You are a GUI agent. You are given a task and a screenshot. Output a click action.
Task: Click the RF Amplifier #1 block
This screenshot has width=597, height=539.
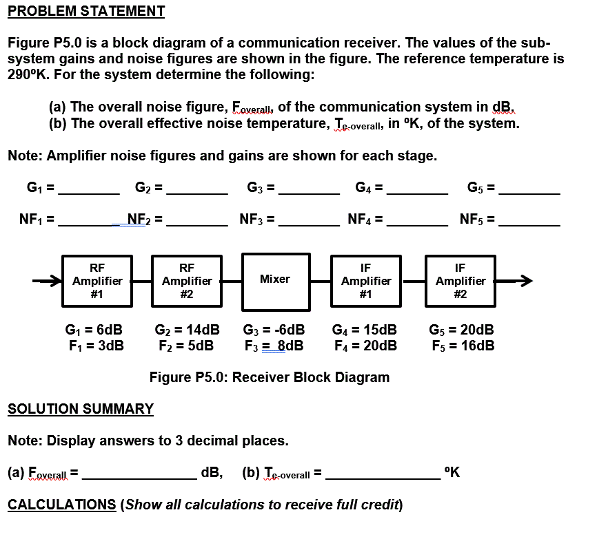(97, 281)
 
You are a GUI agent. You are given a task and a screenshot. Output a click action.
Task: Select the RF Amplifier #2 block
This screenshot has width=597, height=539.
(186, 281)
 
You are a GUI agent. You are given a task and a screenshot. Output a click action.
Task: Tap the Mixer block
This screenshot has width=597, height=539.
(275, 279)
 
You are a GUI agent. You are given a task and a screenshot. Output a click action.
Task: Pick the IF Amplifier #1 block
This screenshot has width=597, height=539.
(365, 281)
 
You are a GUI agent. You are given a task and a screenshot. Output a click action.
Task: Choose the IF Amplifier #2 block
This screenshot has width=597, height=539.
(460, 281)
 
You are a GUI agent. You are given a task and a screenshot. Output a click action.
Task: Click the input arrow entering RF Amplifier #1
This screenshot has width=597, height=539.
(48, 281)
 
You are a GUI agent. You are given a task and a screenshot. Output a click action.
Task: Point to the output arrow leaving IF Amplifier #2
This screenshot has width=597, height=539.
(514, 281)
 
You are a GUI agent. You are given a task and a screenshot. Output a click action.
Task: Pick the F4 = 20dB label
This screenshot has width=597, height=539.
(365, 345)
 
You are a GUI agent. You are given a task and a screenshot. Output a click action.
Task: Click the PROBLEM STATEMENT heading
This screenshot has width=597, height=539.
(86, 11)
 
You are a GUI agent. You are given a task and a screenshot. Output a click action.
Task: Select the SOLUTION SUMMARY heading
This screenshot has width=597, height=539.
(81, 409)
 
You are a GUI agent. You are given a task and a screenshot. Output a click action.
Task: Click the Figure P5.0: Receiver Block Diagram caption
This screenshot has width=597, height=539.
(270, 377)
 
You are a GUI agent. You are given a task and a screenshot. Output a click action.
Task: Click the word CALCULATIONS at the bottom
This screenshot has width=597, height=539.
(61, 505)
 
